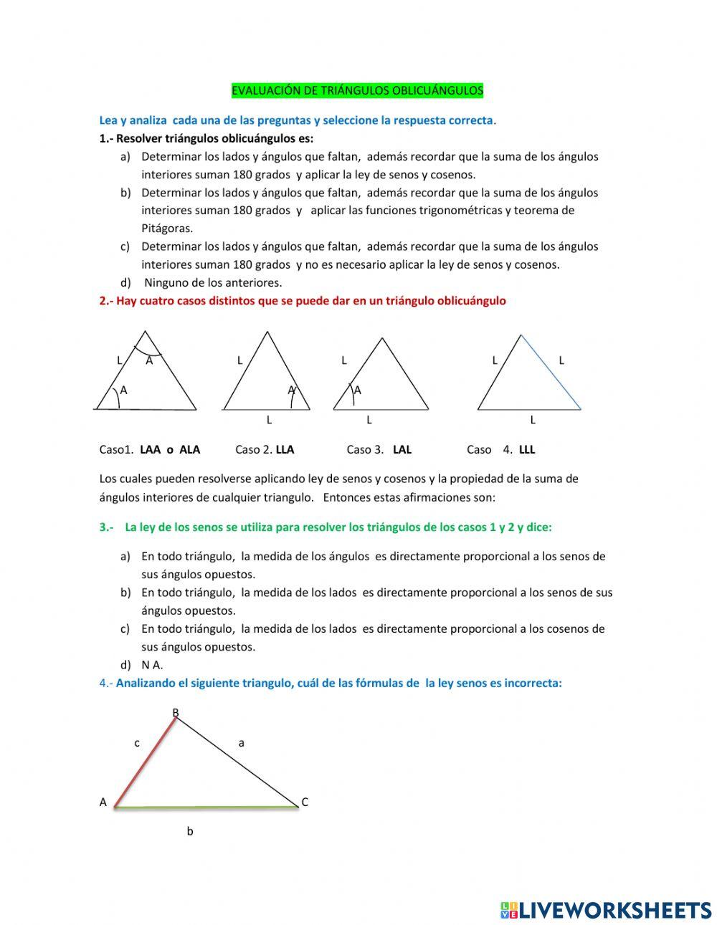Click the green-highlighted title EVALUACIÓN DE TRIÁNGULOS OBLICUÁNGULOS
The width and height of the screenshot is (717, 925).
coord(357,91)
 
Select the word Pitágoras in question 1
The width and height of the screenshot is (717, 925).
coord(167,229)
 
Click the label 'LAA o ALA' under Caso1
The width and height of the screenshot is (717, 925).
coord(170,450)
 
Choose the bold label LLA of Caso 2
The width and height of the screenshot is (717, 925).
coord(285,450)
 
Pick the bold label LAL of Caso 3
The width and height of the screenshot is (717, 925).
coord(402,450)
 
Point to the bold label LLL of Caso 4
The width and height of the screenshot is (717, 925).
coord(527,450)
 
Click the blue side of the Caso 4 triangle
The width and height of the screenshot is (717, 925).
coord(551,372)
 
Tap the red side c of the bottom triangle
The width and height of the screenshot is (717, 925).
coord(146,762)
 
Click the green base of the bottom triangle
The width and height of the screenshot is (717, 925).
coord(206,807)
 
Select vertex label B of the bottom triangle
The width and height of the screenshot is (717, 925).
coord(175,712)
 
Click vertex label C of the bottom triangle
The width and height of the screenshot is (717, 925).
coord(305,802)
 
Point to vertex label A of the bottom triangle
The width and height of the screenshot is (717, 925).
coord(103,802)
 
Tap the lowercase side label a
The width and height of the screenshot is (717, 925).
coord(242,743)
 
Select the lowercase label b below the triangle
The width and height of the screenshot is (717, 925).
coord(190,832)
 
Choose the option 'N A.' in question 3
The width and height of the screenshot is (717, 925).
coord(152,665)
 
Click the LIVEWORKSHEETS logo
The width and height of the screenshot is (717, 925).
coord(605,910)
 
